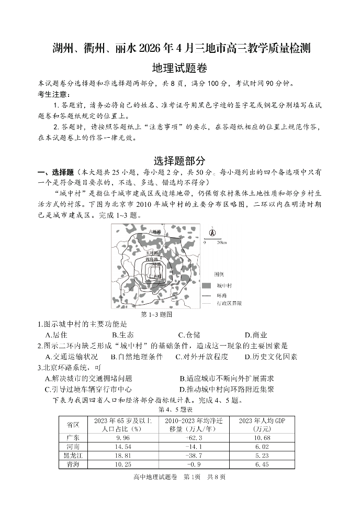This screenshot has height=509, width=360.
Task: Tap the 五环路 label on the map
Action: tap(152, 252)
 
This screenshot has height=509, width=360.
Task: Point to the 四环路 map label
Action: tap(152, 259)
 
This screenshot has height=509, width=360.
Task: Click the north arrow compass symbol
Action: tap(212, 233)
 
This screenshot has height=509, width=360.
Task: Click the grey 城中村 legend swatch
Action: tap(207, 285)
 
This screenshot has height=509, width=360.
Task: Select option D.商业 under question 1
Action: tap(256, 335)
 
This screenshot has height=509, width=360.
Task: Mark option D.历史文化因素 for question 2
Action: tap(271, 357)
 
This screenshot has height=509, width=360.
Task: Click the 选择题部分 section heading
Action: tap(179, 161)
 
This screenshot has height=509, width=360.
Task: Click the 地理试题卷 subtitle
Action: tap(179, 68)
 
